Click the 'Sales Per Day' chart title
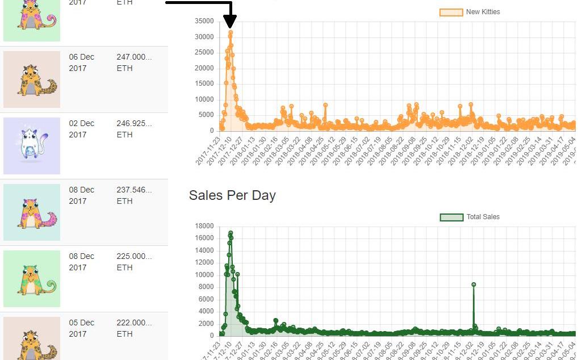(x=232, y=195)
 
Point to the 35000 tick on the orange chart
(x=204, y=22)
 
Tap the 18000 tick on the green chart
(x=204, y=227)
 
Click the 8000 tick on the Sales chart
(x=206, y=287)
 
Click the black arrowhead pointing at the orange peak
(x=230, y=23)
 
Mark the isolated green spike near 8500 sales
(x=474, y=284)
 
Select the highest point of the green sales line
(x=231, y=233)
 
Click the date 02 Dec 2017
(x=82, y=129)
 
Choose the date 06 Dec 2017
(x=82, y=62)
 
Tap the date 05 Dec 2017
(x=82, y=328)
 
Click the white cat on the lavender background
(x=32, y=145)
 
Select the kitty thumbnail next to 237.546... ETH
(x=32, y=212)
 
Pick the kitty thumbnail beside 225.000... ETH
(x=32, y=278)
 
